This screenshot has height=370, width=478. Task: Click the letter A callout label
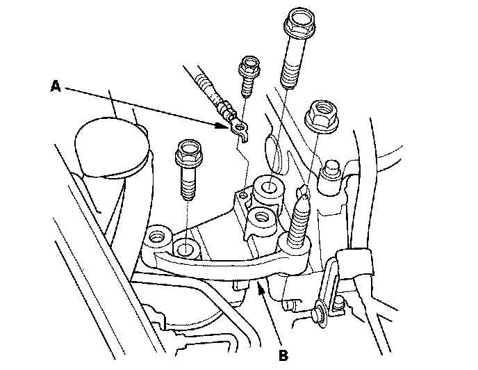(56, 86)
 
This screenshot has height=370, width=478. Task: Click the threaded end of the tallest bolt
(290, 80)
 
